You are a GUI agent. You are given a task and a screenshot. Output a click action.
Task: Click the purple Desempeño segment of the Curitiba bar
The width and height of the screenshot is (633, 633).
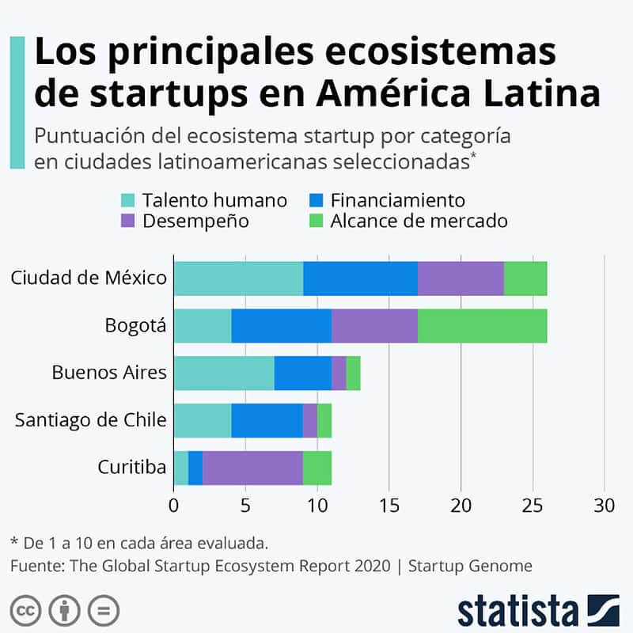(x=252, y=468)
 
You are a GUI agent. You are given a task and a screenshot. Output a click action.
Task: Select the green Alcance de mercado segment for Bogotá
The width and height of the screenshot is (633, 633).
(x=481, y=326)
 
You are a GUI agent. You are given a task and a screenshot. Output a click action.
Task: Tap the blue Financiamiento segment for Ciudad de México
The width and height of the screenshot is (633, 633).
(x=360, y=279)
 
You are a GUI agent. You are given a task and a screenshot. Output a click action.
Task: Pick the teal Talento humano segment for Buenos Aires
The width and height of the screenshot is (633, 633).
(x=224, y=373)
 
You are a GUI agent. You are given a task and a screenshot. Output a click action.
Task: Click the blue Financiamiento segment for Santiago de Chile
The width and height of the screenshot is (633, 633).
(x=267, y=420)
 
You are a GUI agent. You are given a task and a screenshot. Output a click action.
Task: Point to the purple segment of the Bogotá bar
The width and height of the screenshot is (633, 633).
(x=374, y=326)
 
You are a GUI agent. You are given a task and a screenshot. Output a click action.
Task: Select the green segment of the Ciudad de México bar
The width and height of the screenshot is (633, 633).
(x=525, y=279)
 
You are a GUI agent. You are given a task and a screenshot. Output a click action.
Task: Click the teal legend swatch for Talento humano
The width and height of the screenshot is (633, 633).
(x=129, y=200)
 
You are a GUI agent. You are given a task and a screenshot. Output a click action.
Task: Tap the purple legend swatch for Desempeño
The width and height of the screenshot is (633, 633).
(x=129, y=221)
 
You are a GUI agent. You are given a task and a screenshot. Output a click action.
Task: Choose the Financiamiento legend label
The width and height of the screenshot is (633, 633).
(x=398, y=200)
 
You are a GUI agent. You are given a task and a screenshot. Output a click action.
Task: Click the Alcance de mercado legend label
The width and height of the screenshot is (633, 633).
(x=419, y=221)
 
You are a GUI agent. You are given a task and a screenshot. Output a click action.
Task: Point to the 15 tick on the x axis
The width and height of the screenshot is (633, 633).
(x=389, y=505)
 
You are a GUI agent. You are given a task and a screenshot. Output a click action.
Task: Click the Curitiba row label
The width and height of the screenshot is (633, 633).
(x=132, y=468)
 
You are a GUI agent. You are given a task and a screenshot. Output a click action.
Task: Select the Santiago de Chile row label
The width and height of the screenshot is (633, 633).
(x=91, y=420)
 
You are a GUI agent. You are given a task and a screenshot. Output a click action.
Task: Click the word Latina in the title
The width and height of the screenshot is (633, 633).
(x=536, y=94)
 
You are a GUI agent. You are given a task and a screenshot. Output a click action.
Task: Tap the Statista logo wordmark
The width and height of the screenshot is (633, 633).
(x=518, y=611)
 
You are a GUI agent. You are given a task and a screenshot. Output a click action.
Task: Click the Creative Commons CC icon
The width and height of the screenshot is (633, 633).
(x=28, y=611)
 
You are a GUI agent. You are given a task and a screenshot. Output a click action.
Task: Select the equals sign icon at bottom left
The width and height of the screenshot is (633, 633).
(x=103, y=611)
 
